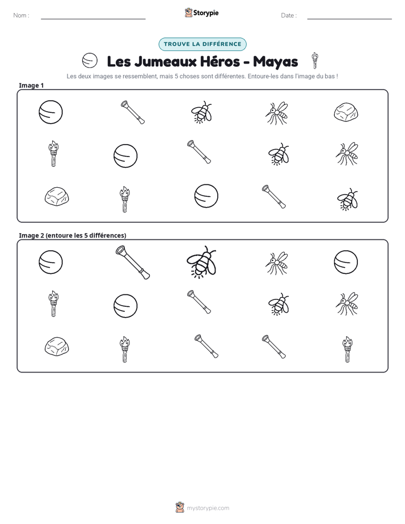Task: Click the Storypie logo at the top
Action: coord(201,12)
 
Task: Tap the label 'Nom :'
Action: coord(22,15)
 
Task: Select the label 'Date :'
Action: coord(289,15)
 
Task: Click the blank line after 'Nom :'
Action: coord(93,19)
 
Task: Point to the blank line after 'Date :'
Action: coord(349,19)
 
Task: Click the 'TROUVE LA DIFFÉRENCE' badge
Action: coord(202,44)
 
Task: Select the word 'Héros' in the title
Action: coord(220,62)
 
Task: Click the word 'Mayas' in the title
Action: coord(275,62)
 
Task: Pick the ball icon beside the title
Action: coord(90,61)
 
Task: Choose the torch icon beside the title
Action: coord(314,61)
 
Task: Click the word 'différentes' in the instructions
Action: coord(228,76)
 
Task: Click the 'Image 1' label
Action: coord(31,85)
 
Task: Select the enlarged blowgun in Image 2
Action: coord(133,263)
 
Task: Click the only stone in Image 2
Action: coord(57,346)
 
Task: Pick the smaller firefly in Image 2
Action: coord(279,304)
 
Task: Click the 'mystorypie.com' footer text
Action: coord(208,508)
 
